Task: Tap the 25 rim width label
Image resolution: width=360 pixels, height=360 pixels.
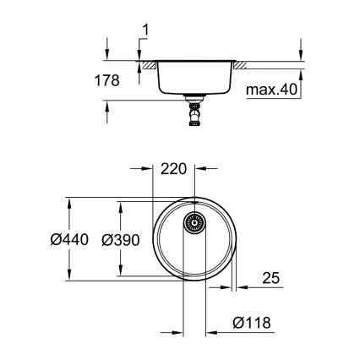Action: pyautogui.click(x=272, y=277)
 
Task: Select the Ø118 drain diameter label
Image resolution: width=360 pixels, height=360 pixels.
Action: pyautogui.click(x=250, y=323)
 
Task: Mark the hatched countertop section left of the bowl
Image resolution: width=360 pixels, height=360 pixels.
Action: pyautogui.click(x=149, y=64)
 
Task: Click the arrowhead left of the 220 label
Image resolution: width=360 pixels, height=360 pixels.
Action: pyautogui.click(x=149, y=167)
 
